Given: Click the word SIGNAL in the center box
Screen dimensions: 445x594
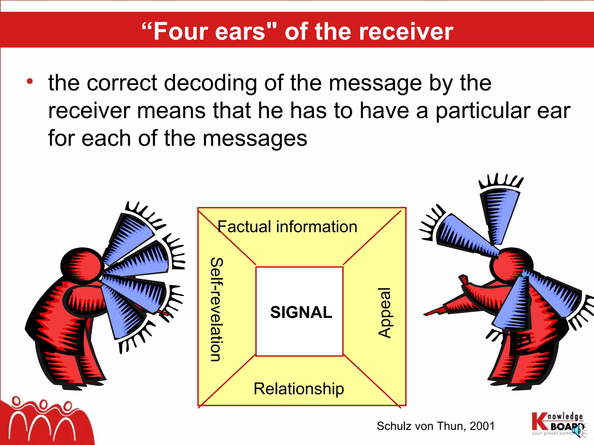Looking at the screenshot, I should click(x=301, y=312).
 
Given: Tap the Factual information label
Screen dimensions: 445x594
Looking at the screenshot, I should click(x=287, y=227).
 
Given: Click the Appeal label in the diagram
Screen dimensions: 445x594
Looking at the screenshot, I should click(x=385, y=313).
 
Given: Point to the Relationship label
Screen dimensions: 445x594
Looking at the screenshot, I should click(x=299, y=389).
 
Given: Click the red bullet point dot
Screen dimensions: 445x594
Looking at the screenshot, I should click(x=30, y=82).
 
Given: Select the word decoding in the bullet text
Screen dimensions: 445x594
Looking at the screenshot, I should click(x=211, y=83).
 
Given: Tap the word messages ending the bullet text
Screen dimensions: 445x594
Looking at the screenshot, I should click(x=255, y=138).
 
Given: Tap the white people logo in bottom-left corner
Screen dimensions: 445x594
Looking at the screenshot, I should click(x=44, y=420).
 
